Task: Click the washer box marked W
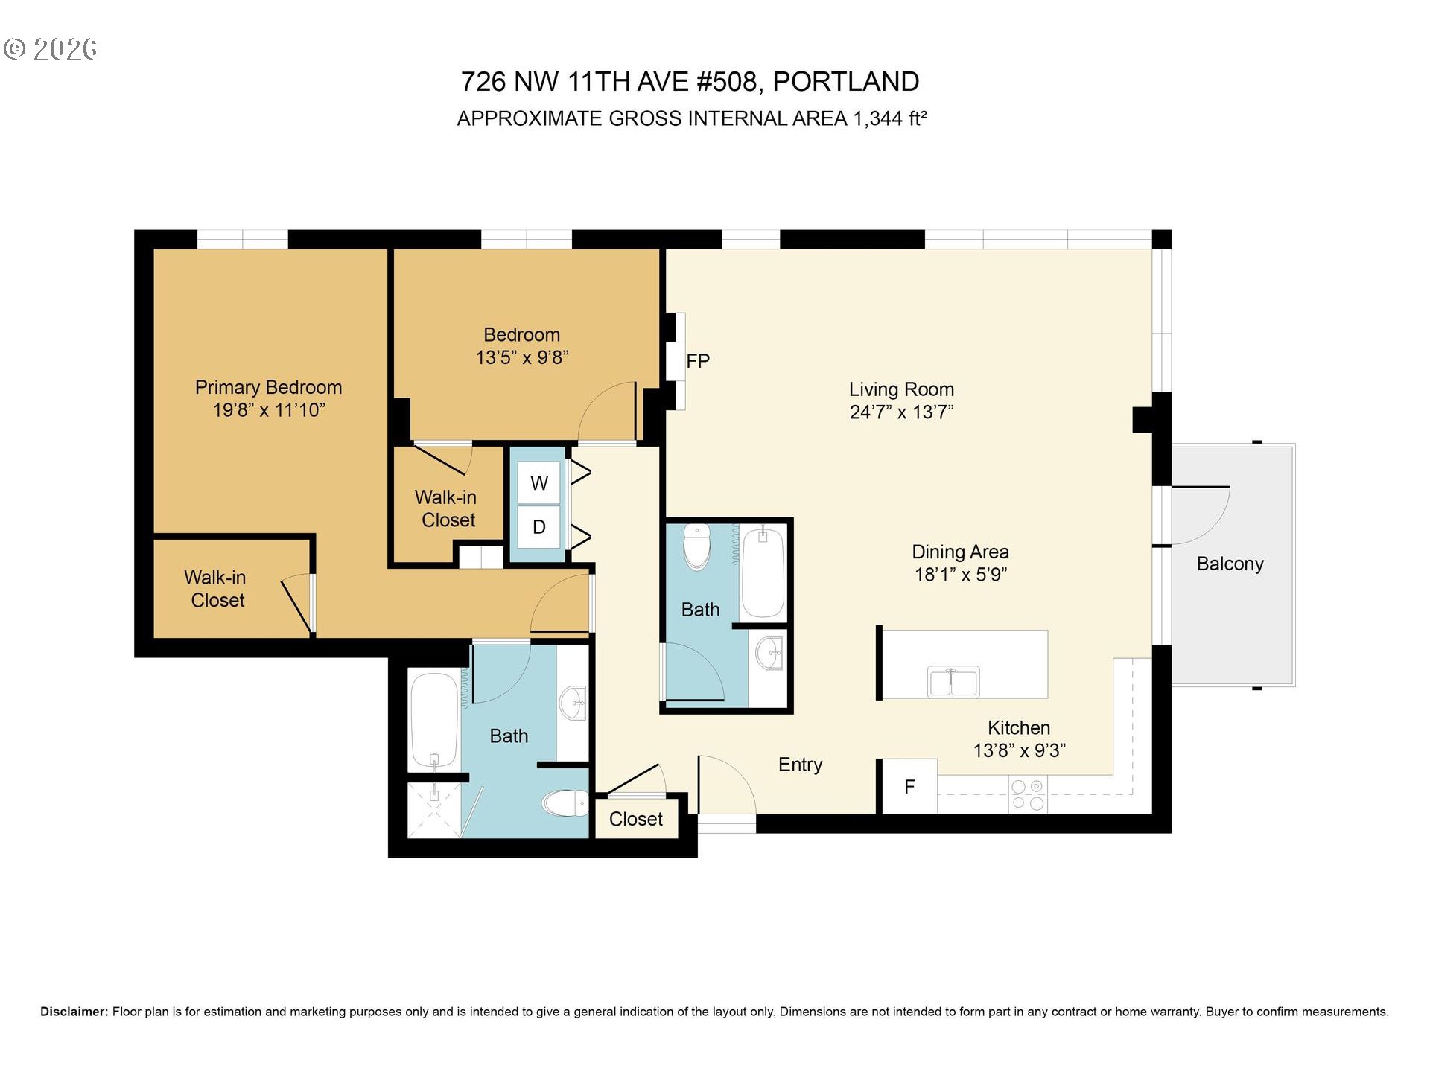pyautogui.click(x=539, y=483)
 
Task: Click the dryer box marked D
pyautogui.click(x=539, y=527)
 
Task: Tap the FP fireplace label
pyautogui.click(x=698, y=361)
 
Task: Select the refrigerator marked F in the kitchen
pyautogui.click(x=909, y=786)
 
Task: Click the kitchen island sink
pyautogui.click(x=953, y=681)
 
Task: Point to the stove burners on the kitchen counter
pyautogui.click(x=1027, y=794)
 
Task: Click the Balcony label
pyautogui.click(x=1230, y=564)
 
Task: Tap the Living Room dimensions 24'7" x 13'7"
pyautogui.click(x=901, y=412)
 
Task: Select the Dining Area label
pyautogui.click(x=960, y=552)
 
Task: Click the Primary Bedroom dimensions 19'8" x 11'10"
pyautogui.click(x=269, y=409)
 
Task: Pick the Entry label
pyautogui.click(x=800, y=765)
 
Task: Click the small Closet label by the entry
pyautogui.click(x=635, y=819)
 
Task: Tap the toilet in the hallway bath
pyautogui.click(x=697, y=546)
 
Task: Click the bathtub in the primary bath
pyautogui.click(x=434, y=719)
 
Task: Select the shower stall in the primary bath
pyautogui.click(x=434, y=809)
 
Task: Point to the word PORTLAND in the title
pyautogui.click(x=846, y=81)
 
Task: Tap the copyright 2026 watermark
pyautogui.click(x=51, y=49)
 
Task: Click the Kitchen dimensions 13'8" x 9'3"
pyautogui.click(x=1019, y=750)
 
